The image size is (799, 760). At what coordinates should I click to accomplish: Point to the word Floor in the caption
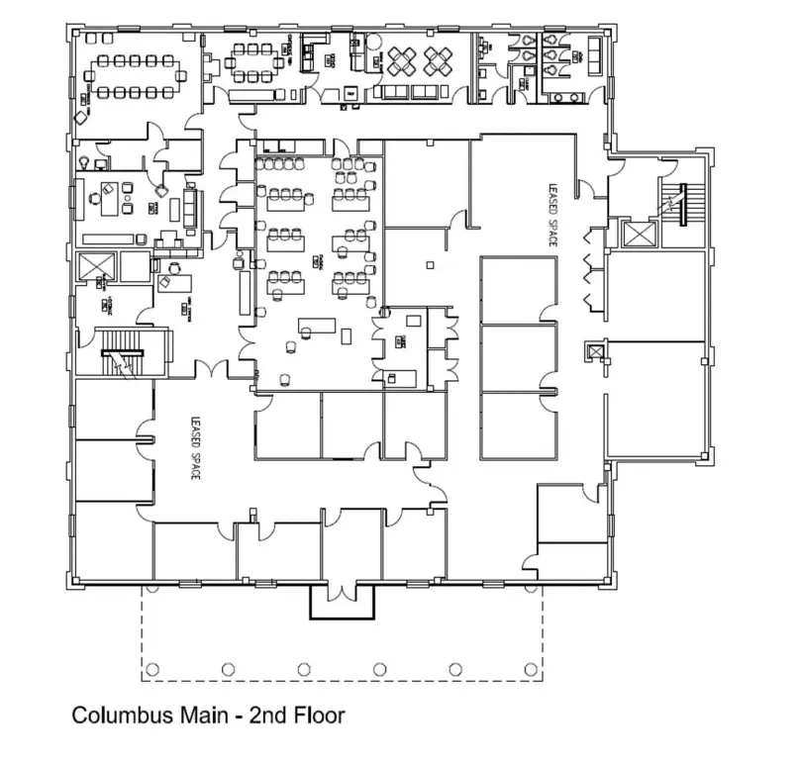point(319,714)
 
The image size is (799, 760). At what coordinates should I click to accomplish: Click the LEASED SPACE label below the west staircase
point(195,447)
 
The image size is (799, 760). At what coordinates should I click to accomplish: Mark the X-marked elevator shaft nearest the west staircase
point(97,268)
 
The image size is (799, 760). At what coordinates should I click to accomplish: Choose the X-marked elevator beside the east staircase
point(635,235)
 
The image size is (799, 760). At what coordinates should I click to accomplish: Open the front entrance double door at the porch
point(343,592)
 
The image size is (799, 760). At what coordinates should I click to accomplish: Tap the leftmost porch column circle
point(151,670)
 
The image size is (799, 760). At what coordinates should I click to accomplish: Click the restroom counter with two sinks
point(568,97)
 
